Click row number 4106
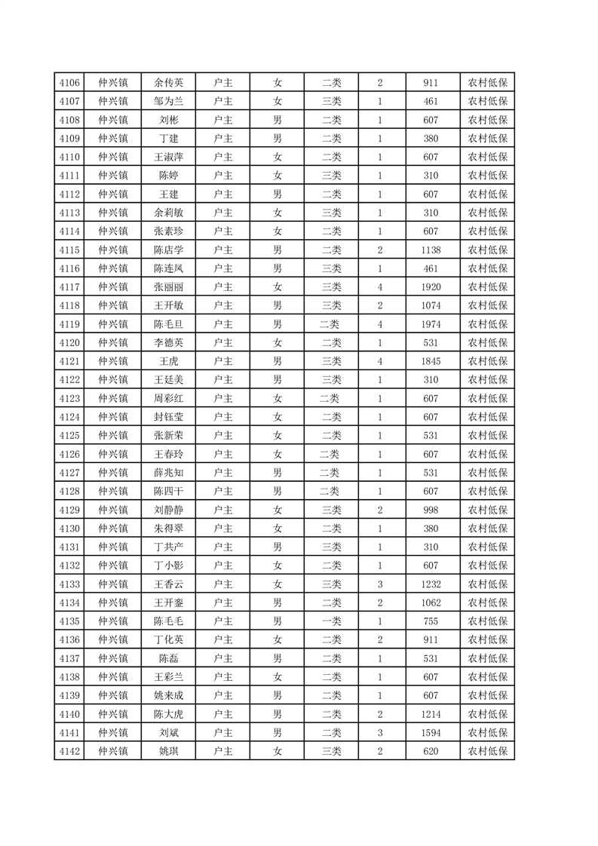coord(69,83)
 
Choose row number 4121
coord(69,361)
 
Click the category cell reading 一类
coord(331,621)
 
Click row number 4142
coord(69,751)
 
